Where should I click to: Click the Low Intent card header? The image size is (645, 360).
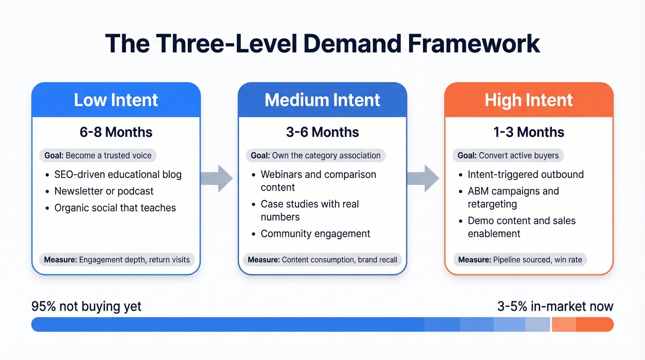[116, 100]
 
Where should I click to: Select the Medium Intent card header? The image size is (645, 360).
[322, 100]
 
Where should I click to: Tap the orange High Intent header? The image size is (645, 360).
[528, 100]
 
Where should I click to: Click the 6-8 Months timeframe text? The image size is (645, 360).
[116, 132]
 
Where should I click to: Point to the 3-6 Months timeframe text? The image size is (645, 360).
[322, 132]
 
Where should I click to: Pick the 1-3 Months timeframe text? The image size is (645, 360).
[528, 132]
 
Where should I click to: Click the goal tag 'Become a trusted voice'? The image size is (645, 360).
[98, 155]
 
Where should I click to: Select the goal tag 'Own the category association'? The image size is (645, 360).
[316, 155]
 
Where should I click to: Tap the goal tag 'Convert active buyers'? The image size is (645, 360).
[508, 155]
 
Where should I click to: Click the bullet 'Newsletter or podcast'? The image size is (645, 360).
[104, 191]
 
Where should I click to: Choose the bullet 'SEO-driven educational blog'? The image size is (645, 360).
[118, 175]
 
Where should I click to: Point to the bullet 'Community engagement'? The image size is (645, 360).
[315, 234]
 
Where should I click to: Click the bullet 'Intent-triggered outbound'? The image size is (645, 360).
[526, 175]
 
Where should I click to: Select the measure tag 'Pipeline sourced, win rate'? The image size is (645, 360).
[520, 260]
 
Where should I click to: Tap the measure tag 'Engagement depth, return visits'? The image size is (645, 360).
[117, 260]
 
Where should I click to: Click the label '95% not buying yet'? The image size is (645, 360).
[86, 307]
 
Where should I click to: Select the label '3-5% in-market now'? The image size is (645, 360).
[555, 307]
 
